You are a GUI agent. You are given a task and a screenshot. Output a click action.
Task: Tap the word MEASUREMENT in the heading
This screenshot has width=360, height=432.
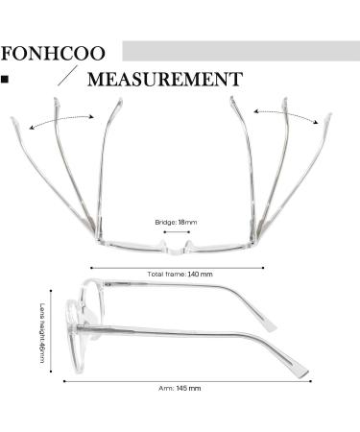point(164,79)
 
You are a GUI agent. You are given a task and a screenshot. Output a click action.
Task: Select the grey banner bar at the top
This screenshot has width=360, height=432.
point(240,51)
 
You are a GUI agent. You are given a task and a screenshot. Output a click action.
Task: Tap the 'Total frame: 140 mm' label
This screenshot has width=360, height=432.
point(180,275)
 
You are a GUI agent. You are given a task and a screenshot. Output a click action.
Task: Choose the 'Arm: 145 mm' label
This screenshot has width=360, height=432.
point(180,389)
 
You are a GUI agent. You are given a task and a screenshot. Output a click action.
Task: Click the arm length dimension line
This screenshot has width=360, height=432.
point(180,381)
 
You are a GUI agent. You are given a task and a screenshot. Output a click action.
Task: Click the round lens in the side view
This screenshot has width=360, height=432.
point(96,321)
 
